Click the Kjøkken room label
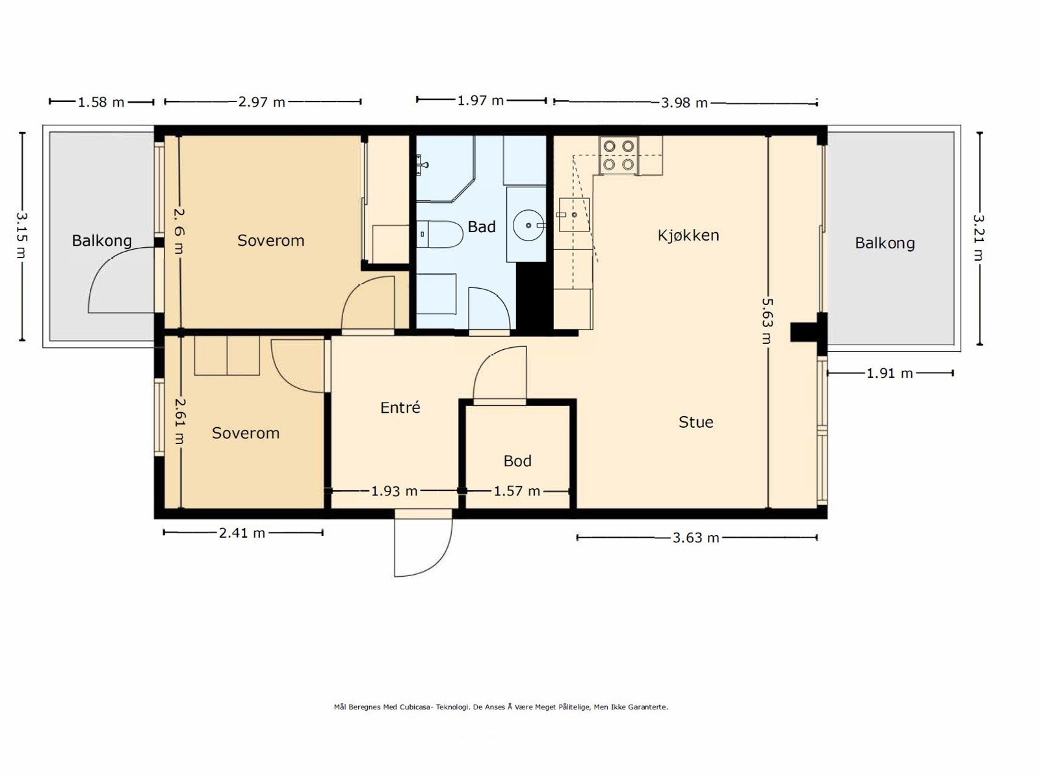688,235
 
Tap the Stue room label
695,422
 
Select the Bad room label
482,227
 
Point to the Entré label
400,407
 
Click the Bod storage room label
517,460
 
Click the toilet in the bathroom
439,234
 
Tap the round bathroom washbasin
528,226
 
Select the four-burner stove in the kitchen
618,155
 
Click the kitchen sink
574,215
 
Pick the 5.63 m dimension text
767,321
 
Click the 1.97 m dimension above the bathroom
480,100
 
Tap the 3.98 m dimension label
684,103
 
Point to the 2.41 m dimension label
242,533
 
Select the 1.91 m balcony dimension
889,373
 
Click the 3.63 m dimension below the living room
695,538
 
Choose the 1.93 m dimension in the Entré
394,491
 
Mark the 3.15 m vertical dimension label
22,235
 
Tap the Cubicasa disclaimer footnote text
500,707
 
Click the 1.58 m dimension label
101,102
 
